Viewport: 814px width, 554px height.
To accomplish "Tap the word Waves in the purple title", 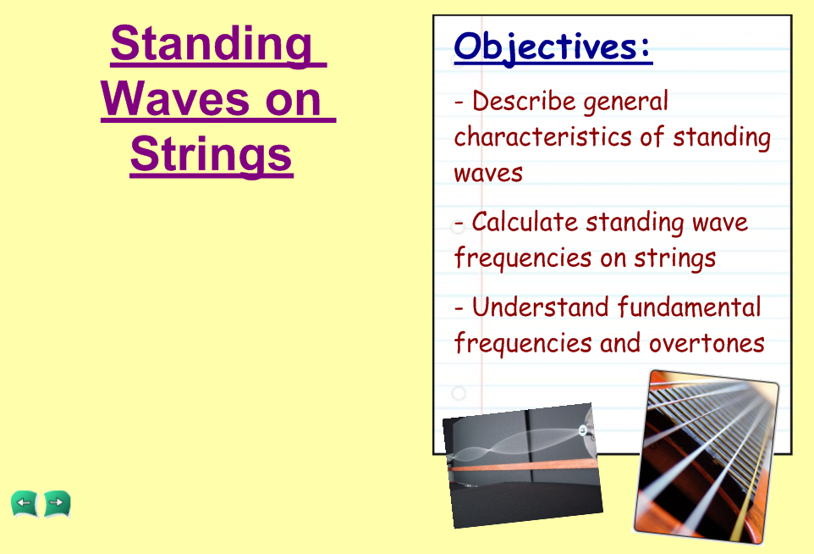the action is (175, 99).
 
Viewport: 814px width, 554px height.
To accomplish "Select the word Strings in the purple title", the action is (212, 156).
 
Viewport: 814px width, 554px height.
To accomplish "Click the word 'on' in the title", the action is (294, 100).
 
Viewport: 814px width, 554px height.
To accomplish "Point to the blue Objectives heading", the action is (553, 47).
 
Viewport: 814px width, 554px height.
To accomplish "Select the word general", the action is (625, 102).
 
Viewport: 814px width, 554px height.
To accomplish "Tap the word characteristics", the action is (542, 136).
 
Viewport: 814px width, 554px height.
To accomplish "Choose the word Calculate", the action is (525, 222).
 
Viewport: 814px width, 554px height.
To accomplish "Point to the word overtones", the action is (707, 344).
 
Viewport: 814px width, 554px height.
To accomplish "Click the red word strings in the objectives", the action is (675, 258).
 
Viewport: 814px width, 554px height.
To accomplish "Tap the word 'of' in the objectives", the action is (652, 136).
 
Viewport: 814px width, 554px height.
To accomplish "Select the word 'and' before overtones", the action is (620, 343).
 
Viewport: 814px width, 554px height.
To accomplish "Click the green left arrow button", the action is (24, 503).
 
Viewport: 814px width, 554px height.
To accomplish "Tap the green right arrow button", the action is (57, 503).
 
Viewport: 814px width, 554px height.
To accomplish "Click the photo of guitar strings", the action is (707, 457).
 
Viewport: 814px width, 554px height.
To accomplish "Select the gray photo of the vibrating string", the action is (523, 466).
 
